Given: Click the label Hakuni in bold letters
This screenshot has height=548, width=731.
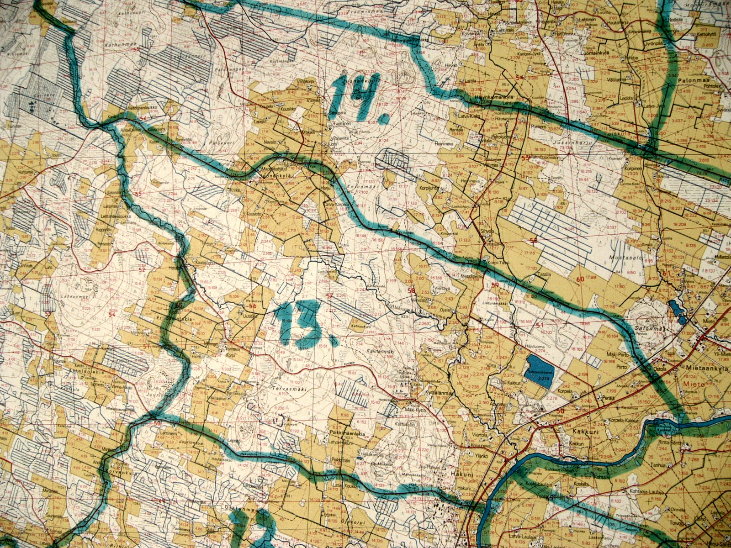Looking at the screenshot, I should coord(460,474).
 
